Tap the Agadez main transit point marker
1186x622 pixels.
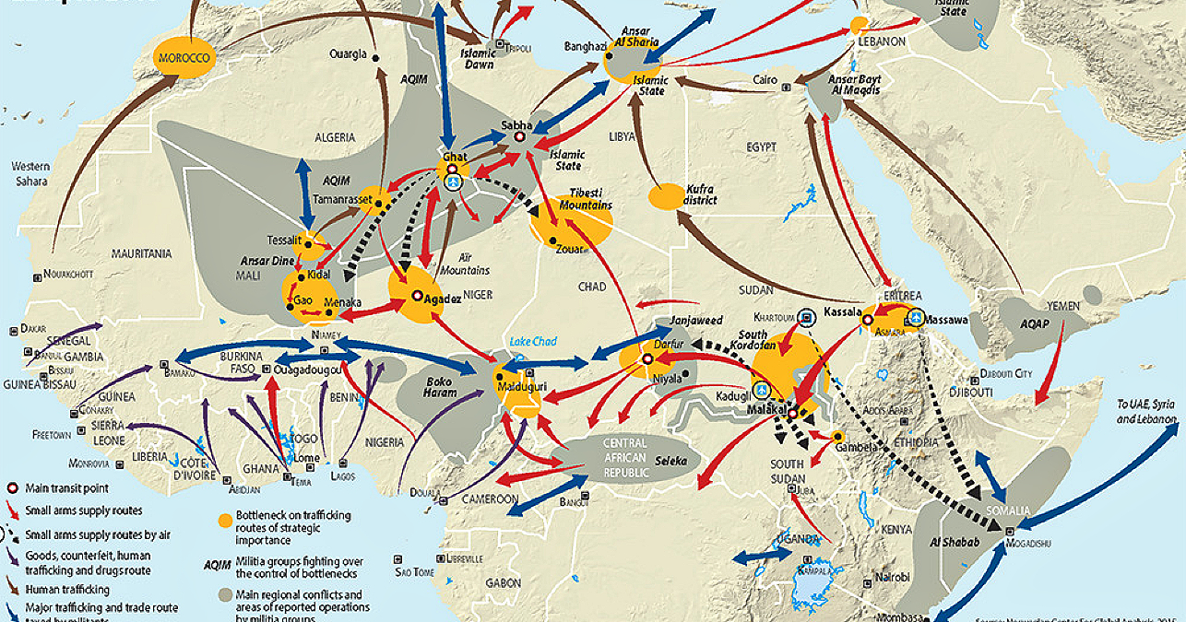[x=417, y=296]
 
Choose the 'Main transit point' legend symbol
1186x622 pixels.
[x=12, y=487]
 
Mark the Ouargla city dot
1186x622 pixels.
[x=376, y=57]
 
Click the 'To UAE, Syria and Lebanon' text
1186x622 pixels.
[x=1146, y=411]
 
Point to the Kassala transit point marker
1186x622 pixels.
[x=868, y=319]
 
